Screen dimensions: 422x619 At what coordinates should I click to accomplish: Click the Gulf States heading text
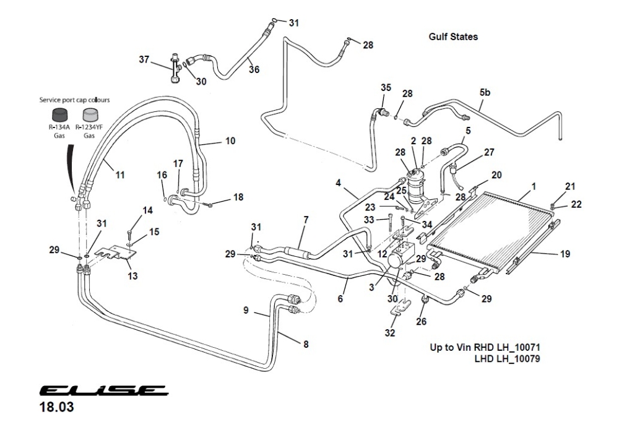[453, 37]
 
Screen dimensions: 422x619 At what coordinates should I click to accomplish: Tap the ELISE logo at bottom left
[102, 392]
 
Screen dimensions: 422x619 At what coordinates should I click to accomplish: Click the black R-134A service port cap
[59, 116]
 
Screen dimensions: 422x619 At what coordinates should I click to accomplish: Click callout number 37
[144, 59]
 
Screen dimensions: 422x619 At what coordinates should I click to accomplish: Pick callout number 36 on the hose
[254, 69]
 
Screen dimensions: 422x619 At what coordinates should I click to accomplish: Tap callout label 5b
[485, 93]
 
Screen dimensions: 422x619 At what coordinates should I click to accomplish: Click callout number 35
[386, 88]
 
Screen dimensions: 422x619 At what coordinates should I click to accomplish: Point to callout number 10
[230, 141]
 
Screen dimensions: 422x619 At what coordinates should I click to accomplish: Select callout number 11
[119, 175]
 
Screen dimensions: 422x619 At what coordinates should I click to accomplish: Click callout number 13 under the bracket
[132, 275]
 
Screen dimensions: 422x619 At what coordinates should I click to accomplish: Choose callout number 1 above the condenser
[534, 186]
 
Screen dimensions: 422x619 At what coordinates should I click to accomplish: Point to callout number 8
[305, 345]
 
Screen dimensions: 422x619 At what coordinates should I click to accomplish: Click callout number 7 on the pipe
[305, 220]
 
